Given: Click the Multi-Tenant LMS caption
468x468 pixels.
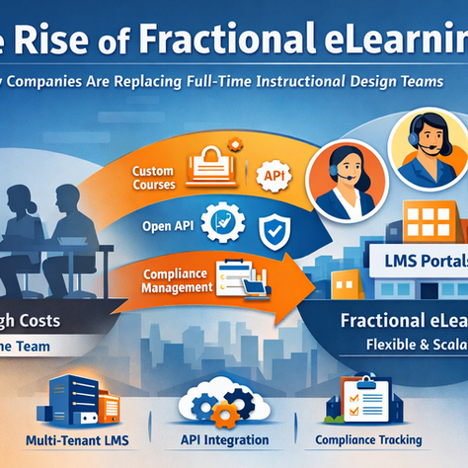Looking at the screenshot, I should pyautogui.click(x=78, y=439).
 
